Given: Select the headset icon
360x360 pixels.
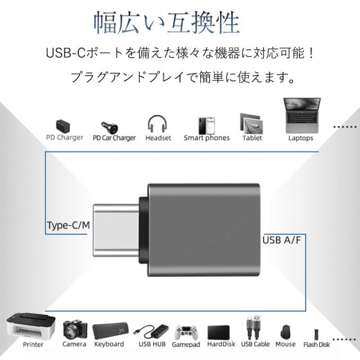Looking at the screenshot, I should tap(158, 123).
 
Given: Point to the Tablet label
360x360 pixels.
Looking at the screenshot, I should tap(252, 138).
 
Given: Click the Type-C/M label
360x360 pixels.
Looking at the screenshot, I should tap(68, 227).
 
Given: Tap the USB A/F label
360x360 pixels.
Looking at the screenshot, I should tap(283, 240).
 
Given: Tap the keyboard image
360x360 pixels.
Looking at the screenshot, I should tap(109, 330).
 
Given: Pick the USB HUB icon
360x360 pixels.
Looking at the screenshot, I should tap(152, 331).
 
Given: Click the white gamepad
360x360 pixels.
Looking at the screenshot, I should tap(186, 332).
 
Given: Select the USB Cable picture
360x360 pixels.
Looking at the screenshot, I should tap(254, 328).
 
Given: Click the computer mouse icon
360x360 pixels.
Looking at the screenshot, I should tap(286, 332).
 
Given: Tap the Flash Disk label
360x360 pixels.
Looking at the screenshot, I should tap(317, 345).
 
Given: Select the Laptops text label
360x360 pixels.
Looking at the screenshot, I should tap(300, 138).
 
